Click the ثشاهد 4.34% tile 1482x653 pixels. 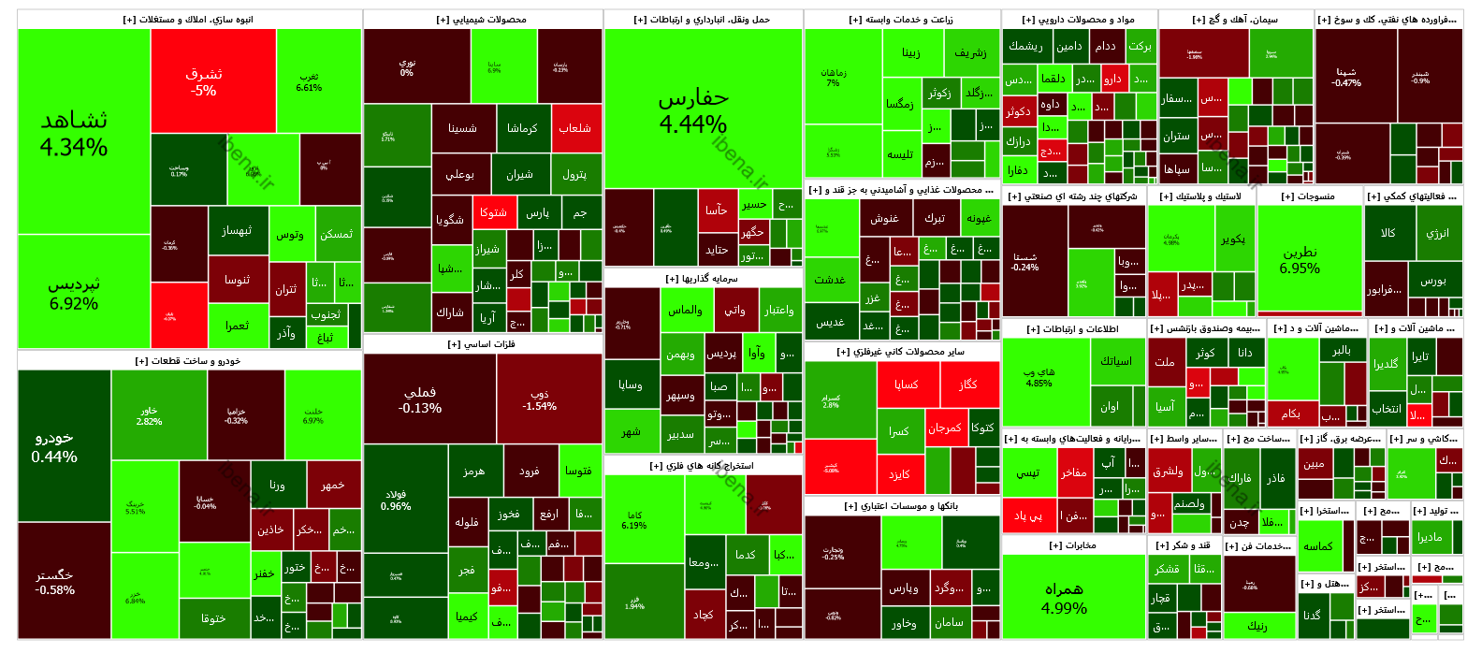click(x=75, y=133)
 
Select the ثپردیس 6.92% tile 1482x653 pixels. click(x=75, y=292)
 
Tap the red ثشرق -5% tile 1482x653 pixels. click(x=204, y=81)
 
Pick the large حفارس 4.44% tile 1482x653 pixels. click(x=693, y=110)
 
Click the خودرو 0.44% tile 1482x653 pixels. click(x=54, y=447)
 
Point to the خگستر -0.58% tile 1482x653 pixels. click(x=54, y=582)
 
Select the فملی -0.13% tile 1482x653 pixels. click(x=420, y=400)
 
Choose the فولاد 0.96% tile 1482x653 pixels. click(x=396, y=500)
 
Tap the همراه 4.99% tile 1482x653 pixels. click(x=1065, y=599)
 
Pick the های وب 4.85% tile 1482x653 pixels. click(x=1039, y=377)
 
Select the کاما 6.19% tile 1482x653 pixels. click(x=634, y=520)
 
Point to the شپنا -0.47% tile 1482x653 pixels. click(x=1346, y=77)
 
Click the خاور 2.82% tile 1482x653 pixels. click(x=150, y=415)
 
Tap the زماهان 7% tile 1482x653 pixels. click(x=834, y=77)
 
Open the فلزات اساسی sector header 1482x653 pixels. click(x=483, y=344)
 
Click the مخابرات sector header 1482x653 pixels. click(x=1073, y=545)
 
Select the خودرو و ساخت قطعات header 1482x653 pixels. click(x=188, y=361)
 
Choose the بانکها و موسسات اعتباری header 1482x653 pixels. click(x=902, y=506)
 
